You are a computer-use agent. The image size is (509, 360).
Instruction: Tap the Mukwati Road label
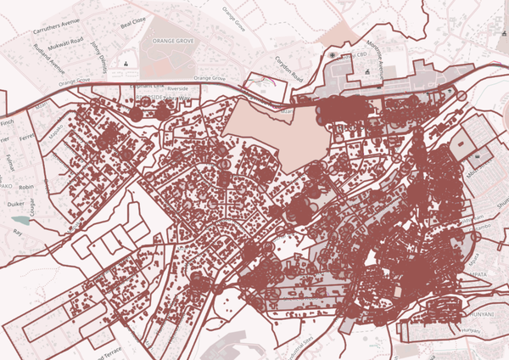(x=64, y=41)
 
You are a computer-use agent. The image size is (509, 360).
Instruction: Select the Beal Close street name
(x=133, y=20)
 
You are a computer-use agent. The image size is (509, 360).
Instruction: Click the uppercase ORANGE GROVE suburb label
(x=174, y=41)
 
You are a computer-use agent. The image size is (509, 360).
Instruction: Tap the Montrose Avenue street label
(x=366, y=59)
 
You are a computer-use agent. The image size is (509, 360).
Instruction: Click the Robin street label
(x=26, y=185)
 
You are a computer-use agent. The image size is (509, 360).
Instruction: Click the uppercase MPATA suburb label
(x=478, y=275)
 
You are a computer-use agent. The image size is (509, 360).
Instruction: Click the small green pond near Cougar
(x=19, y=221)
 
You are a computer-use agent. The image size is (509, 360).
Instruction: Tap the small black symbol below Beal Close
(x=126, y=64)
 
